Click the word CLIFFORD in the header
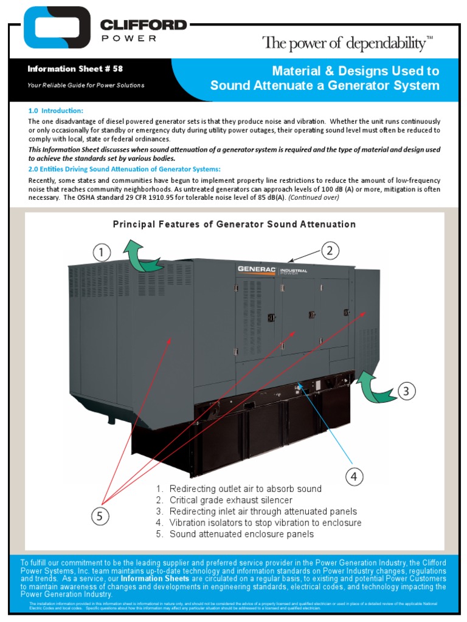tap(144, 26)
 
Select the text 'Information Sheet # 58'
tap(75, 69)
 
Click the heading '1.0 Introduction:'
tap(56, 111)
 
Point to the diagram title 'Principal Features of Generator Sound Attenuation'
tap(234, 224)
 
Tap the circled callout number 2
tap(329, 250)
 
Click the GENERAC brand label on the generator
tap(257, 269)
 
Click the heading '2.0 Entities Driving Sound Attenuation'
tap(125, 168)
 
